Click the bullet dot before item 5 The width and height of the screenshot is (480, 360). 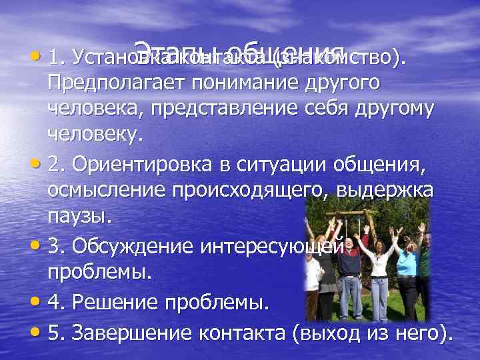click(x=37, y=331)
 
